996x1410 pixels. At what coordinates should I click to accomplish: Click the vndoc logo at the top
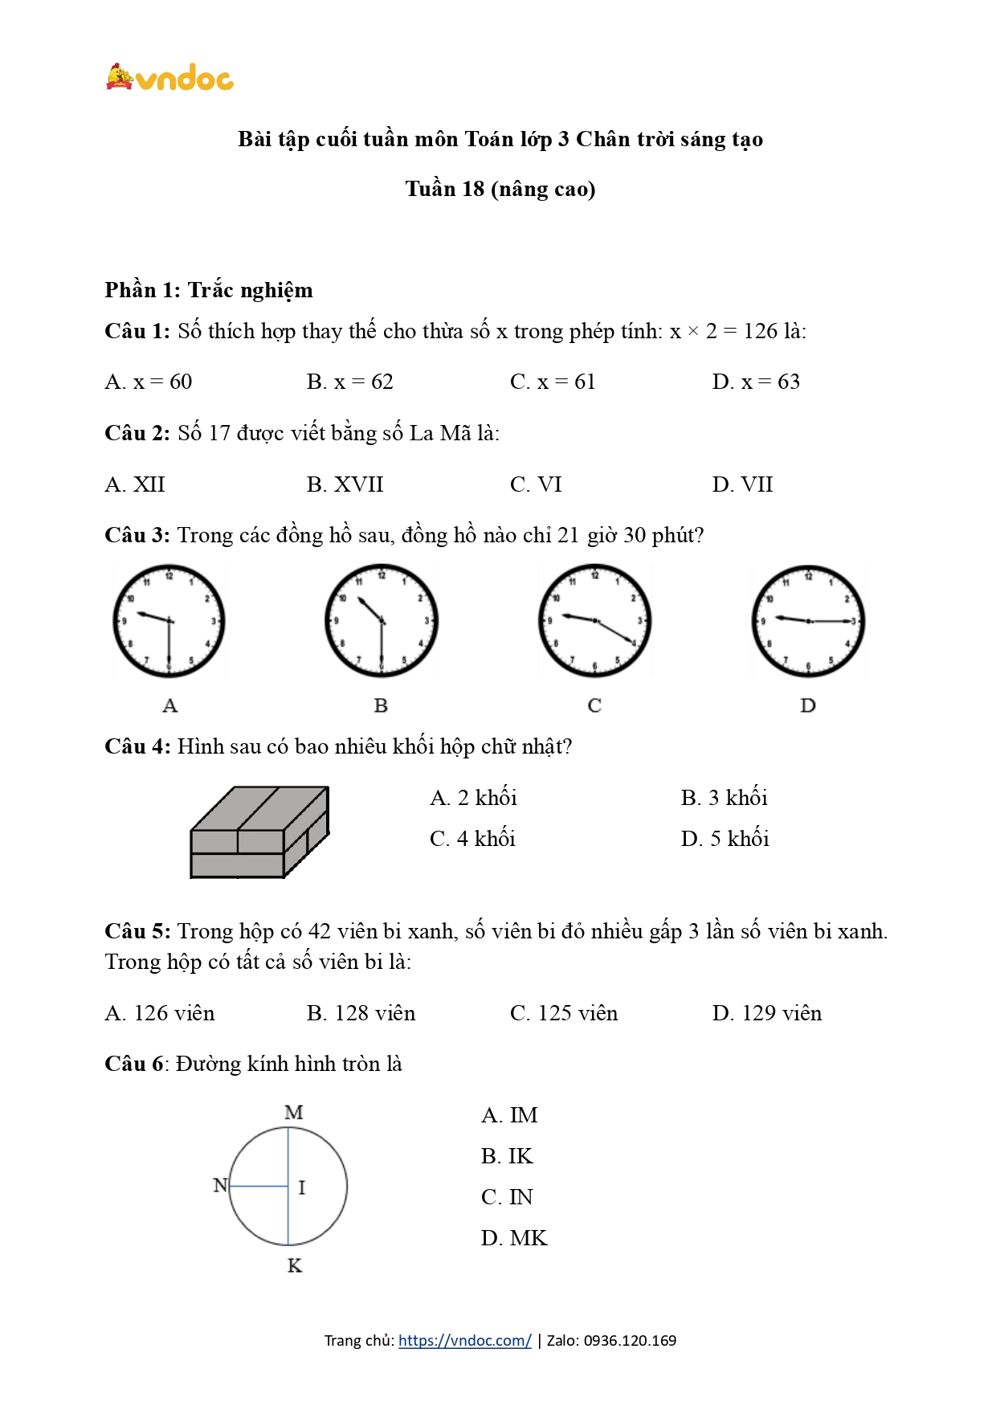pyautogui.click(x=169, y=77)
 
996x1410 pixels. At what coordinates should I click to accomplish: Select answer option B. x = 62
pyautogui.click(x=349, y=382)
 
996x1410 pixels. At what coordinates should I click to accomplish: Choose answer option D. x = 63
pyautogui.click(x=756, y=382)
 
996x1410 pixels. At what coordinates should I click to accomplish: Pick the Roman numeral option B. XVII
pyautogui.click(x=345, y=484)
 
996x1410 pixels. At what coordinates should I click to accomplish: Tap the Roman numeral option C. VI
pyautogui.click(x=536, y=484)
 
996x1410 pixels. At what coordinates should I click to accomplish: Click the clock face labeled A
pyautogui.click(x=169, y=621)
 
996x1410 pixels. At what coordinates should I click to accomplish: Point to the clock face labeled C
pyautogui.click(x=594, y=621)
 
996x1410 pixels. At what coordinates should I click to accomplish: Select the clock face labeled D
pyautogui.click(x=808, y=621)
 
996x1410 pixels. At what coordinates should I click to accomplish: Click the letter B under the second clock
pyautogui.click(x=381, y=705)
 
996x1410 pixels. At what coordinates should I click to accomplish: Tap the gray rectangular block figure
pyautogui.click(x=259, y=832)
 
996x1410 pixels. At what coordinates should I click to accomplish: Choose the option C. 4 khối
pyautogui.click(x=472, y=839)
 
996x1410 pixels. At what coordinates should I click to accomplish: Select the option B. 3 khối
pyautogui.click(x=724, y=798)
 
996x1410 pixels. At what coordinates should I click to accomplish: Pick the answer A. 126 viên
pyautogui.click(x=160, y=1013)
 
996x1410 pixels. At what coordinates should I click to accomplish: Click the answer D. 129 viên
pyautogui.click(x=767, y=1013)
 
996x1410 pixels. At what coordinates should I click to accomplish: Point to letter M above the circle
pyautogui.click(x=294, y=1113)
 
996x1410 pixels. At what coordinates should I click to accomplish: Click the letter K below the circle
pyautogui.click(x=295, y=1266)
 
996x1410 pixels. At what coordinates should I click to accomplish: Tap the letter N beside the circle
pyautogui.click(x=220, y=1185)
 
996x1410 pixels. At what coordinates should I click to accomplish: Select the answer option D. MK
pyautogui.click(x=514, y=1238)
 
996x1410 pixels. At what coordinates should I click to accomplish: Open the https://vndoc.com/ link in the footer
pyautogui.click(x=464, y=1340)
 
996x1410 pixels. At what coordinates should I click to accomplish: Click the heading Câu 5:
pyautogui.click(x=137, y=931)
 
